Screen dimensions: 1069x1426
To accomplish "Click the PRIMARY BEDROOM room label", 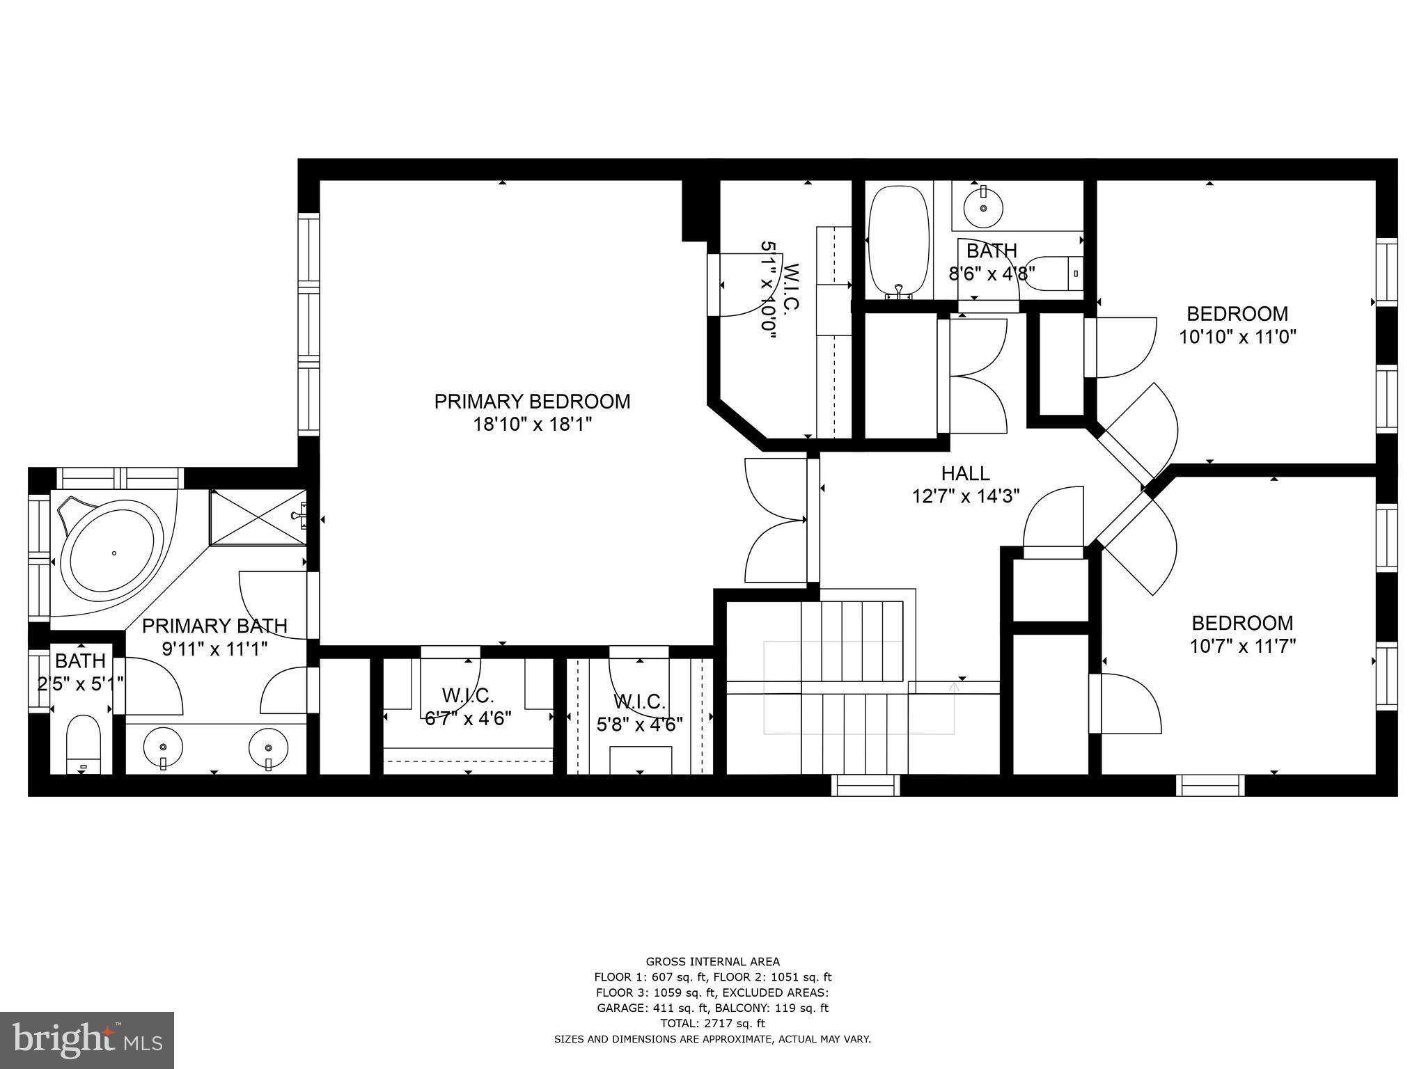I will pos(532,402).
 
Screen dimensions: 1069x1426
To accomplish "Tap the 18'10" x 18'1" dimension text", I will pos(532,425).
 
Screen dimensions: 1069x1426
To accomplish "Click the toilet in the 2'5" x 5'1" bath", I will pos(84,743).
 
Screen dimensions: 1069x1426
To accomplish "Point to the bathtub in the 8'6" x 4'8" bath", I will pos(899,241).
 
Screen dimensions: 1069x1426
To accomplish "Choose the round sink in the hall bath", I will pos(983,207).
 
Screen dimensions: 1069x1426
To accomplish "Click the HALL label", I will pos(965,473).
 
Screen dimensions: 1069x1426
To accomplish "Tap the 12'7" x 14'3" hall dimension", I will pos(965,496).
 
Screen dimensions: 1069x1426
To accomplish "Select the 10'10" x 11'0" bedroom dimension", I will pos(1237,338).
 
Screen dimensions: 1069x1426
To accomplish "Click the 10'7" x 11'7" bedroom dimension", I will pos(1242,647).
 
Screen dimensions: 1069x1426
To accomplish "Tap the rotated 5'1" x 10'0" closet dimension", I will pos(767,290).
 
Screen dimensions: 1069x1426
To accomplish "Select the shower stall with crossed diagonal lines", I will pos(258,518).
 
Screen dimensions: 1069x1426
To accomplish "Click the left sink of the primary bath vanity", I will pos(163,747).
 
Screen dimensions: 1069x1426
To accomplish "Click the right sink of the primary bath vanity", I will pos(269,747).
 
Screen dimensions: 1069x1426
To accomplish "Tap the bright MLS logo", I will pos(86,1039).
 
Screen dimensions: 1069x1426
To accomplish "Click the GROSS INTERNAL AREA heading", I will pos(712,962).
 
